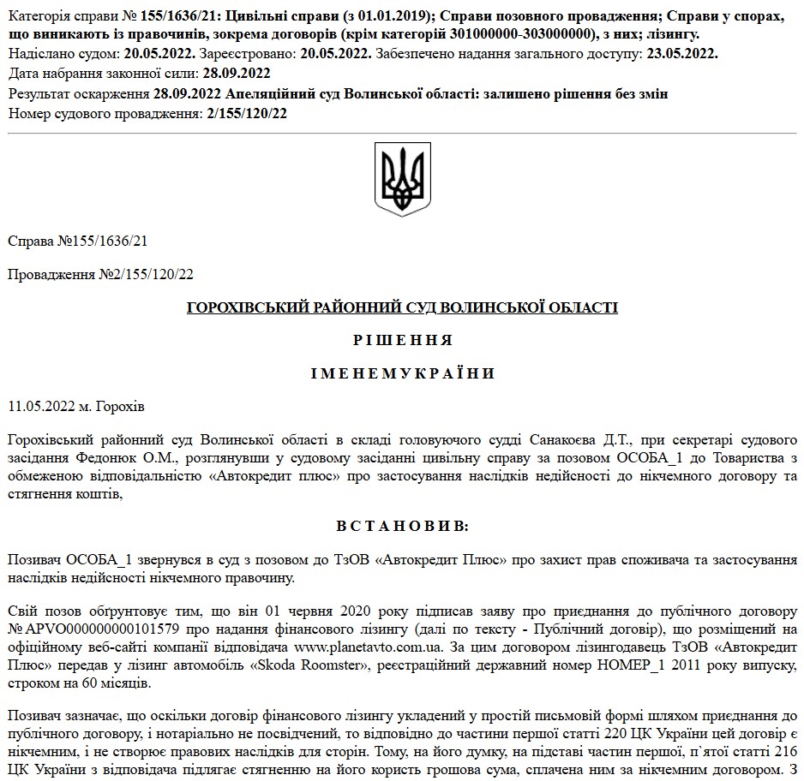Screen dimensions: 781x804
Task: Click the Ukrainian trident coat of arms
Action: tap(402, 179)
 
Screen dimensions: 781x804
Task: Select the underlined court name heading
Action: tap(402, 307)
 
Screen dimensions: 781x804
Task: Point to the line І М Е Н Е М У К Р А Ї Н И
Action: tap(402, 373)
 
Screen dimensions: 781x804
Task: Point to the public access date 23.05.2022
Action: tap(682, 53)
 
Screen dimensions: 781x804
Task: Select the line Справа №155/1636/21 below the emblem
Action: tap(77, 241)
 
